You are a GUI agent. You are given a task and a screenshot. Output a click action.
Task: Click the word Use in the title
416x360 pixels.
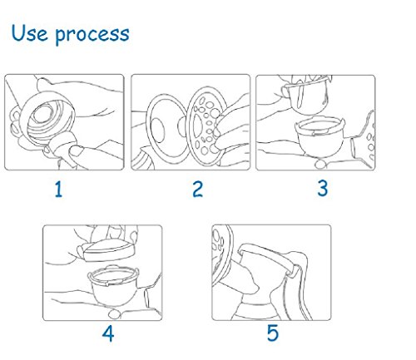point(29,33)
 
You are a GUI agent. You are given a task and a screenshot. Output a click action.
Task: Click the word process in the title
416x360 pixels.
point(92,36)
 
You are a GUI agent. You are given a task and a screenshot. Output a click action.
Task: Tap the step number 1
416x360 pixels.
point(58,190)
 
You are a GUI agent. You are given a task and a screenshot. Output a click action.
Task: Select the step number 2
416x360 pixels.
point(197,190)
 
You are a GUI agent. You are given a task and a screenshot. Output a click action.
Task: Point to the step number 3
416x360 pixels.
point(323,189)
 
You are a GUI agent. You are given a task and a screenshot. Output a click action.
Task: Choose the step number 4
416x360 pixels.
point(108,333)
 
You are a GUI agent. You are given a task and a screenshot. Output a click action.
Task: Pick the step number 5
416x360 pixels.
point(273,333)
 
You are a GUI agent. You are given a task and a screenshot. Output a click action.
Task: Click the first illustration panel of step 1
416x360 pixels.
point(64,122)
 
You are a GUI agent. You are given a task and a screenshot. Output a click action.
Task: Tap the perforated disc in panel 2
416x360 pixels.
point(206,126)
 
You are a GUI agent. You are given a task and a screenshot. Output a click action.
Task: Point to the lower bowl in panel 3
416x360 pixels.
point(319,137)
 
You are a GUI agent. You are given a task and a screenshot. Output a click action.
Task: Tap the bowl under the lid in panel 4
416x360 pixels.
point(113,284)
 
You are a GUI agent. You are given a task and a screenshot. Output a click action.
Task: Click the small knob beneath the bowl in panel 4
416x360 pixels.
point(114,314)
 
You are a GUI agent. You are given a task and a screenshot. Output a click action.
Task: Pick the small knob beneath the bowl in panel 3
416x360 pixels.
point(320,164)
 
